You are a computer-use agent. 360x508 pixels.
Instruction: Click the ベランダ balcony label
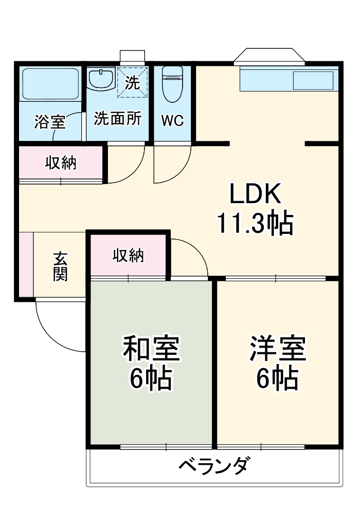215,466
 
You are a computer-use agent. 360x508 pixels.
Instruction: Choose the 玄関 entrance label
60,266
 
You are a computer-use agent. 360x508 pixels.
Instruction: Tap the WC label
172,120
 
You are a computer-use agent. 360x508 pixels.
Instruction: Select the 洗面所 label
117,119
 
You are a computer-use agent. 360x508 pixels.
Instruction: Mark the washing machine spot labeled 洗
132,82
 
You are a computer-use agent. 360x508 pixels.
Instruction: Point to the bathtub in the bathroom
49,83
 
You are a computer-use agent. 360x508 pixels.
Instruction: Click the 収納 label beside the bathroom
61,163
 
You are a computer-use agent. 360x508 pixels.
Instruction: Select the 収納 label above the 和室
128,256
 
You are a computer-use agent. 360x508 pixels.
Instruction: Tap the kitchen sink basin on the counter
313,81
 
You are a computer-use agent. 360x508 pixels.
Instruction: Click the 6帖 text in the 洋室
278,379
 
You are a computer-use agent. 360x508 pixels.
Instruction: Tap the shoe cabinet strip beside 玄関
26,264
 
